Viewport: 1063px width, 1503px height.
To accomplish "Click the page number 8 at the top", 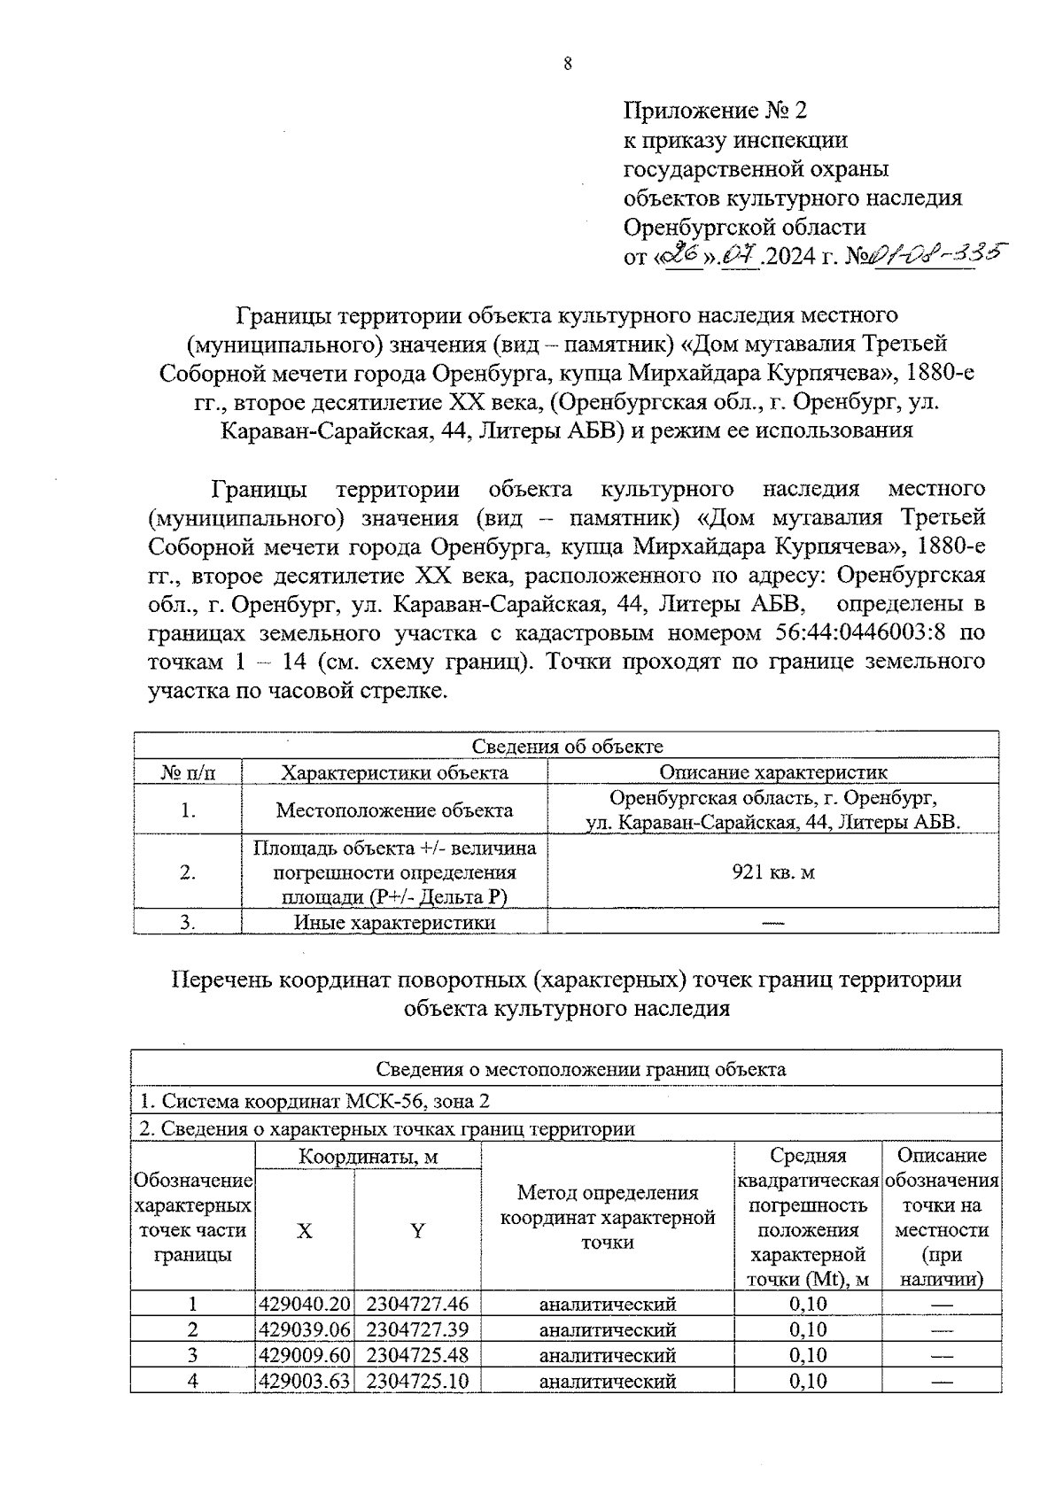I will click(567, 63).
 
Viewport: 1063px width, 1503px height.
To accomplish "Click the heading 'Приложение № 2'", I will click(716, 111).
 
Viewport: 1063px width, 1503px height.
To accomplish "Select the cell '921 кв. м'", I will click(773, 872).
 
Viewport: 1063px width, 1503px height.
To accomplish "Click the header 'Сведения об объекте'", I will click(567, 747).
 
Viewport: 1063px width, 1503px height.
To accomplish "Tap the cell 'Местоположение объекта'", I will click(394, 810).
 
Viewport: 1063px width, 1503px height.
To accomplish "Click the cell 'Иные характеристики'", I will click(394, 923).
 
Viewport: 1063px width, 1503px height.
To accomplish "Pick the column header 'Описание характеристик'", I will click(773, 772).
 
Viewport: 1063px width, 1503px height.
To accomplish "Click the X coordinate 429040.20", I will click(305, 1304).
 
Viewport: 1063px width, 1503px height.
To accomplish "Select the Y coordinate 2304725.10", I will click(417, 1381).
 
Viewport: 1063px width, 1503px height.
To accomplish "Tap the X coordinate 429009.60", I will click(305, 1355).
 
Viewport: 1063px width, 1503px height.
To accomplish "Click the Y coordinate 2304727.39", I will click(417, 1329).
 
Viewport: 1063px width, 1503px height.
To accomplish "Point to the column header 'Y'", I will click(417, 1230).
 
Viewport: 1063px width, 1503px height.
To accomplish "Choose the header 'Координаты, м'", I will click(368, 1157).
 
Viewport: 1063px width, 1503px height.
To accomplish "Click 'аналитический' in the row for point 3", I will click(608, 1355).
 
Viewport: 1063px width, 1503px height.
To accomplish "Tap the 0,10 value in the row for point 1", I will click(807, 1304).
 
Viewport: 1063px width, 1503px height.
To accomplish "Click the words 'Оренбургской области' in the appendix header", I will click(745, 226).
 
